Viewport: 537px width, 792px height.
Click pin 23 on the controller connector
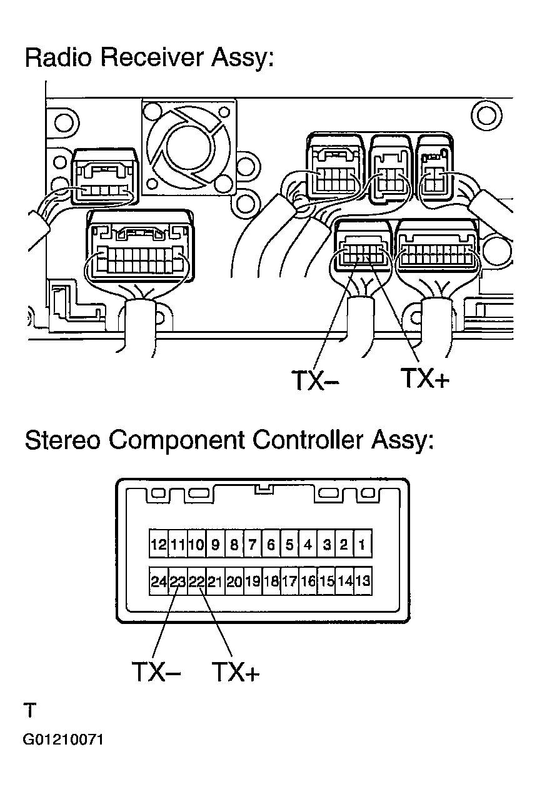coord(178,582)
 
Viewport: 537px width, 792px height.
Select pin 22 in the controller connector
coord(196,582)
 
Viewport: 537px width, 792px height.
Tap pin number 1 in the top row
coord(362,545)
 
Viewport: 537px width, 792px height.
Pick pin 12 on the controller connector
coord(159,545)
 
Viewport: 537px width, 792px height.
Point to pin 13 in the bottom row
coord(363,582)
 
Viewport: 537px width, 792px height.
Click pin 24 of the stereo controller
coord(159,582)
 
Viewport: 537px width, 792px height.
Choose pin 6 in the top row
coord(271,545)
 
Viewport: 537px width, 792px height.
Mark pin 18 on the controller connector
coord(271,582)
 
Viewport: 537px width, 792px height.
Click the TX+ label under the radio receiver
coord(425,378)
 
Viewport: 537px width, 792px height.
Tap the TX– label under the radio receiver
coord(315,380)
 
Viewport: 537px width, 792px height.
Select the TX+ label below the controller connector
coord(236,671)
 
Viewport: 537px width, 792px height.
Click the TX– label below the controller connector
coord(156,671)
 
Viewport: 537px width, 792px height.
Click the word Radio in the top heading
coord(58,57)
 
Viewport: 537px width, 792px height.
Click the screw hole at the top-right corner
coord(487,116)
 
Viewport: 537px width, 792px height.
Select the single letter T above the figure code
coord(30,710)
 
